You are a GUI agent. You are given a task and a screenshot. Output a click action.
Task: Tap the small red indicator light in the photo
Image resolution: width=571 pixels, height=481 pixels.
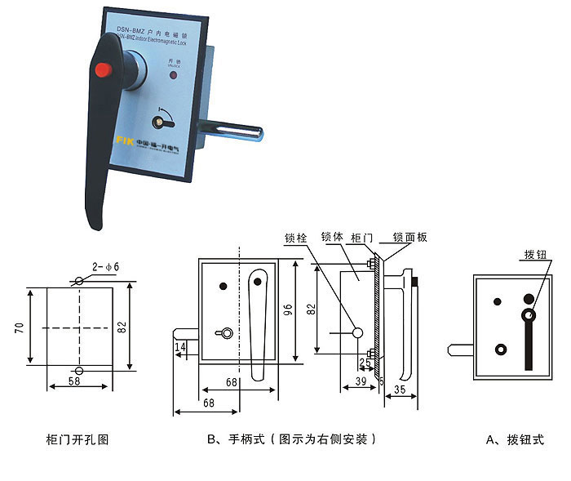tap(171, 76)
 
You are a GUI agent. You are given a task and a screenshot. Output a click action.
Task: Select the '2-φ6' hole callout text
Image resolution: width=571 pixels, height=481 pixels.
tap(105, 266)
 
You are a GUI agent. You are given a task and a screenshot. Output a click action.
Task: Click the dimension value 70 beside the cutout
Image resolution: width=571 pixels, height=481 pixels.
tap(18, 327)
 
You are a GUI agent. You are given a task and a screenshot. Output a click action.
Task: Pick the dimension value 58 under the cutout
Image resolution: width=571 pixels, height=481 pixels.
tap(74, 381)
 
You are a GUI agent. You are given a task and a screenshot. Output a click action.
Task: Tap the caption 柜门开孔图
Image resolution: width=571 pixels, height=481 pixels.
tap(77, 439)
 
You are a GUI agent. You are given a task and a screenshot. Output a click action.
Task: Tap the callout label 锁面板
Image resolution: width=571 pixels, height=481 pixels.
tap(409, 238)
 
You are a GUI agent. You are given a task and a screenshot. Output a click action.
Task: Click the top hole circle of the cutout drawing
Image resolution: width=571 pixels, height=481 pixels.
tap(78, 281)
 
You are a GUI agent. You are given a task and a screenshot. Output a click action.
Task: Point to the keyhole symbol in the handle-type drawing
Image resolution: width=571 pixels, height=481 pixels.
tap(221, 333)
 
